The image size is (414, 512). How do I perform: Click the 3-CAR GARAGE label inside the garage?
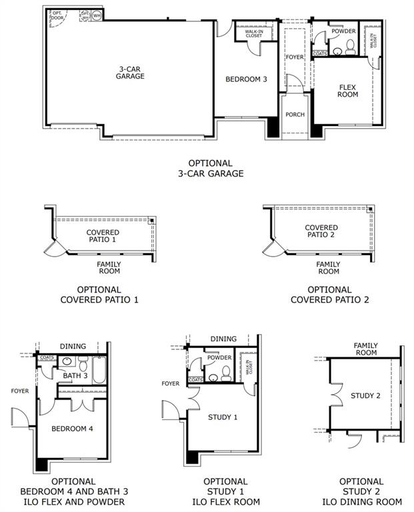tap(131, 72)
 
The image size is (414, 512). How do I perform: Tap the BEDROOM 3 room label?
tap(246, 79)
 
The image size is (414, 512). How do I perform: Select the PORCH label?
tap(295, 115)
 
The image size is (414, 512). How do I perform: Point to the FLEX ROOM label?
tap(348, 91)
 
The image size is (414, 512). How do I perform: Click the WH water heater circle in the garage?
tap(97, 15)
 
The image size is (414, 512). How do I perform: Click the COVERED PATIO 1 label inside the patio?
tap(103, 236)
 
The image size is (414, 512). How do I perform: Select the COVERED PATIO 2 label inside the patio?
tap(322, 231)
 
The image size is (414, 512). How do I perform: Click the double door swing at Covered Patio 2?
tap(272, 249)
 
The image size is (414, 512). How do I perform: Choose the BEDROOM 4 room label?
tap(73, 428)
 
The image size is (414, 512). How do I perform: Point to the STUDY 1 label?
tap(223, 417)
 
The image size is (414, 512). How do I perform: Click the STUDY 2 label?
tap(365, 396)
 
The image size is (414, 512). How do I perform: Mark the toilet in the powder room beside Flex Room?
tap(349, 48)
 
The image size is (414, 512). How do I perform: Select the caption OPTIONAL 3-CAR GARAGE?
tap(210, 168)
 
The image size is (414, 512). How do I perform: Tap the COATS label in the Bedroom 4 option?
tap(47, 358)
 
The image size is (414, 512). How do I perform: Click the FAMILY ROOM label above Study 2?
tap(365, 349)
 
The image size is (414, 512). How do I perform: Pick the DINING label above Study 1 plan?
tap(223, 339)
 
